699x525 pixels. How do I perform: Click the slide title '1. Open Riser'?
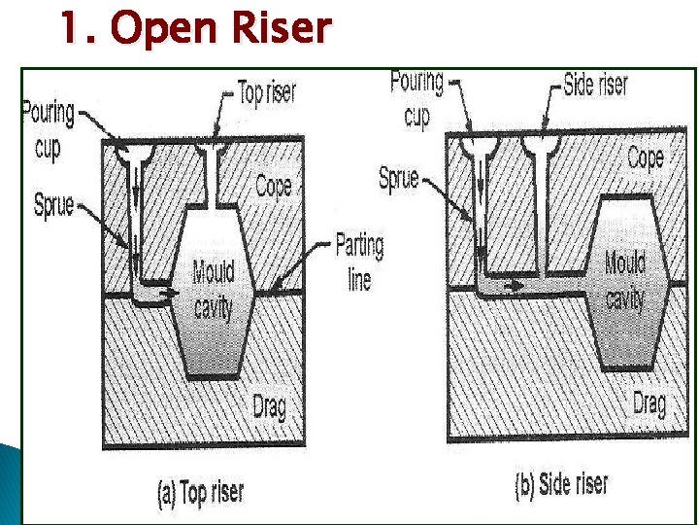pyautogui.click(x=194, y=29)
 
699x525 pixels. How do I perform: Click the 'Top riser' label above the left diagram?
pyautogui.click(x=267, y=94)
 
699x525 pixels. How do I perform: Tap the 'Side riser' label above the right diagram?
pyautogui.click(x=595, y=85)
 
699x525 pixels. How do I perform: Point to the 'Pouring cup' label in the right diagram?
pyautogui.click(x=416, y=98)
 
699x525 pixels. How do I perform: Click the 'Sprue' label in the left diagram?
pyautogui.click(x=53, y=205)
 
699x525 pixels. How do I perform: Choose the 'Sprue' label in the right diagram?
pyautogui.click(x=398, y=178)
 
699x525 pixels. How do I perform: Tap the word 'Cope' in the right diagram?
pyautogui.click(x=645, y=157)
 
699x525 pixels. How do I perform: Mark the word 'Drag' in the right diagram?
pyautogui.click(x=649, y=402)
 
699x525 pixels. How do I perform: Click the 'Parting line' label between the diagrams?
pyautogui.click(x=359, y=261)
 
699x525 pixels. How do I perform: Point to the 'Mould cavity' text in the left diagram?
pyautogui.click(x=213, y=289)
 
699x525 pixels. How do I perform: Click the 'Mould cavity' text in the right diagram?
pyautogui.click(x=624, y=280)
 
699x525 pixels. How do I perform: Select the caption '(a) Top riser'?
pyautogui.click(x=200, y=492)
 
